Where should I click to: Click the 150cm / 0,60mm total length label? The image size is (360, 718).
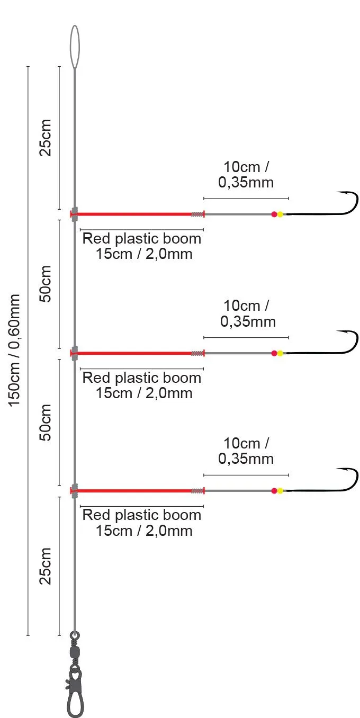(x=14, y=351)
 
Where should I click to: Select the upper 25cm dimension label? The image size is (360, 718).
(x=46, y=138)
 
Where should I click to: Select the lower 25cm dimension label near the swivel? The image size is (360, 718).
(x=46, y=566)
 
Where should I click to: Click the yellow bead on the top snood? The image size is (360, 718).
(x=280, y=214)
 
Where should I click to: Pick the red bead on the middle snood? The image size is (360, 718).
(x=274, y=353)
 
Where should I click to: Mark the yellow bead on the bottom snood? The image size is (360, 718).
(x=280, y=491)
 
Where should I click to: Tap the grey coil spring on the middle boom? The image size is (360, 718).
(x=197, y=353)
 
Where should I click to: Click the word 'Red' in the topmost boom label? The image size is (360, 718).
(x=97, y=239)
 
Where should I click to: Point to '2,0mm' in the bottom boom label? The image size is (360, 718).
(x=169, y=531)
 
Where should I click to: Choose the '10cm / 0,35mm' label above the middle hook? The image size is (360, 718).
(x=247, y=313)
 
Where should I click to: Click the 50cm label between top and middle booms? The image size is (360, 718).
(x=46, y=284)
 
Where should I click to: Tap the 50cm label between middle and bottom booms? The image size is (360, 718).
(x=46, y=423)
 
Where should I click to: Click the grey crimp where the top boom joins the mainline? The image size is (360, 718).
(x=75, y=214)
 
